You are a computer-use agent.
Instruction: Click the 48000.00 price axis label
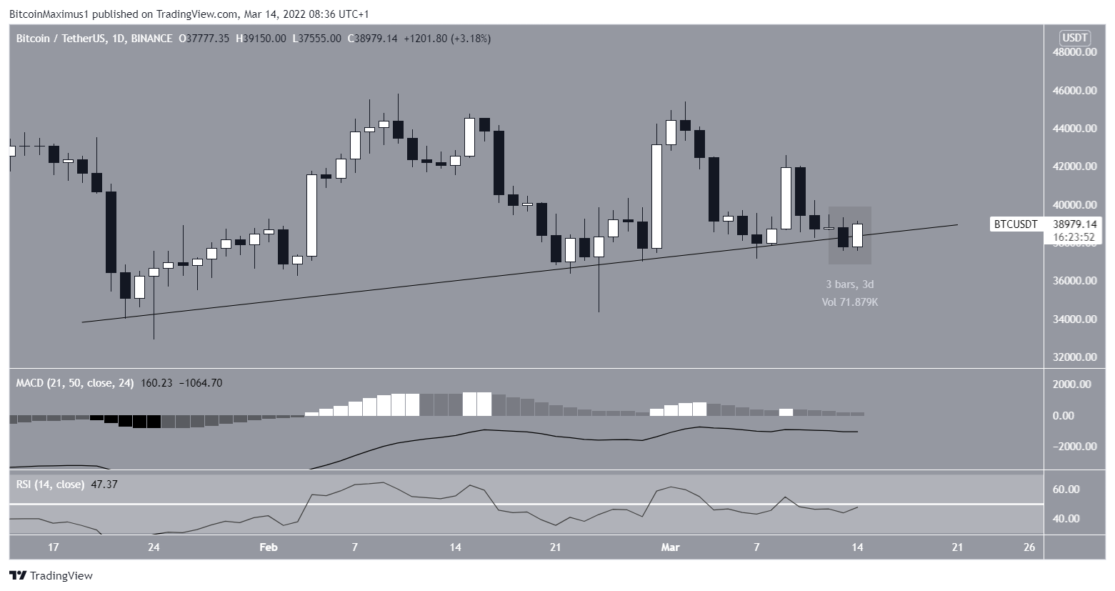[x=1074, y=52]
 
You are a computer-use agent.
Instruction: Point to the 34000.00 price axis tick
[x=1074, y=319]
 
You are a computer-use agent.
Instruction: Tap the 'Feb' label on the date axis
[x=268, y=547]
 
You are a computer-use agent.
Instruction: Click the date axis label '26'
[x=1029, y=547]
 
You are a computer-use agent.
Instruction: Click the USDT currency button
[x=1076, y=37]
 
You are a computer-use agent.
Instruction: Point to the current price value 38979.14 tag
[x=1074, y=224]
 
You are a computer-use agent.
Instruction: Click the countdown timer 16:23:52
[x=1074, y=236]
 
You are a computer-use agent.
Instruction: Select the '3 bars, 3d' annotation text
[x=850, y=284]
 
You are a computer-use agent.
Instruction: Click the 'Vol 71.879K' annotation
[x=850, y=302]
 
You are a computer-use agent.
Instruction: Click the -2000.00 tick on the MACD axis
[x=1071, y=447]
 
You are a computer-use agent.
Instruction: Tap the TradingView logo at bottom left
[x=51, y=575]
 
